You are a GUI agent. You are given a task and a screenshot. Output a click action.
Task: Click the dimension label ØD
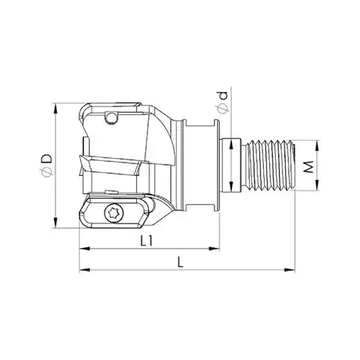coord(46,165)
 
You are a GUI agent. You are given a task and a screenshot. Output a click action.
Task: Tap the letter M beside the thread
coord(309,167)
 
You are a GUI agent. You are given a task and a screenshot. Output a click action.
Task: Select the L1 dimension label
coord(147,241)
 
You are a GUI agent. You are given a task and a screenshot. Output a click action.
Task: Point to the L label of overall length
coord(180,262)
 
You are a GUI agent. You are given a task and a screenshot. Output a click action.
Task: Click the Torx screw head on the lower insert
coord(114,213)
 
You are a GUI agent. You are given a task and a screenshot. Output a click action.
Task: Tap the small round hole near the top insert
coord(111,118)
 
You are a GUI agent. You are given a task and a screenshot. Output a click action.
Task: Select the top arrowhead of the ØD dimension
coord(55,109)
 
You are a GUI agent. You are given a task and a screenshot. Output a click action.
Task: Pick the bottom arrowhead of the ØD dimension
coord(55,222)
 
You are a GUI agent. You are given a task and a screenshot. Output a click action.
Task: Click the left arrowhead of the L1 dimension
coord(84,249)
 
